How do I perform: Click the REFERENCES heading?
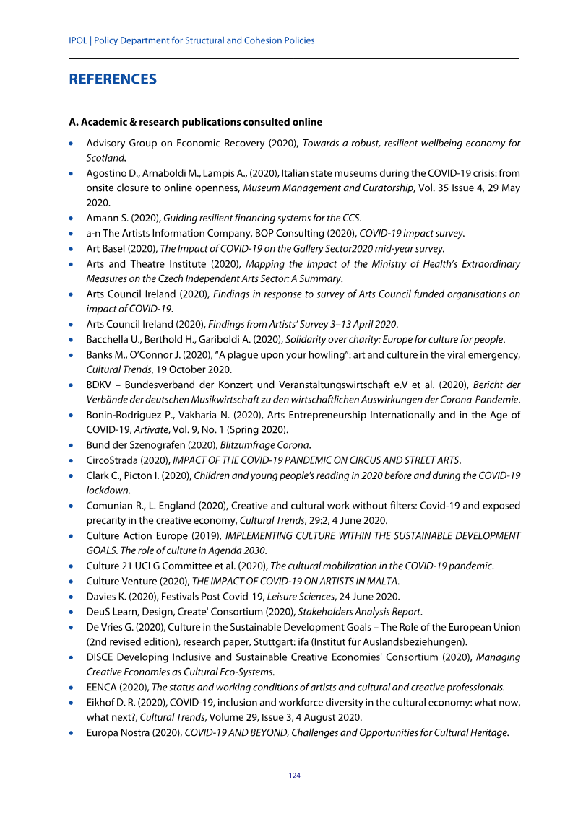tap(113, 79)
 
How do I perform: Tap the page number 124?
tap(294, 776)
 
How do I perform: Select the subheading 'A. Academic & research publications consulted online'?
tap(196, 122)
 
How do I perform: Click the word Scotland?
tap(106, 157)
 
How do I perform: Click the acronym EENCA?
tap(102, 687)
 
